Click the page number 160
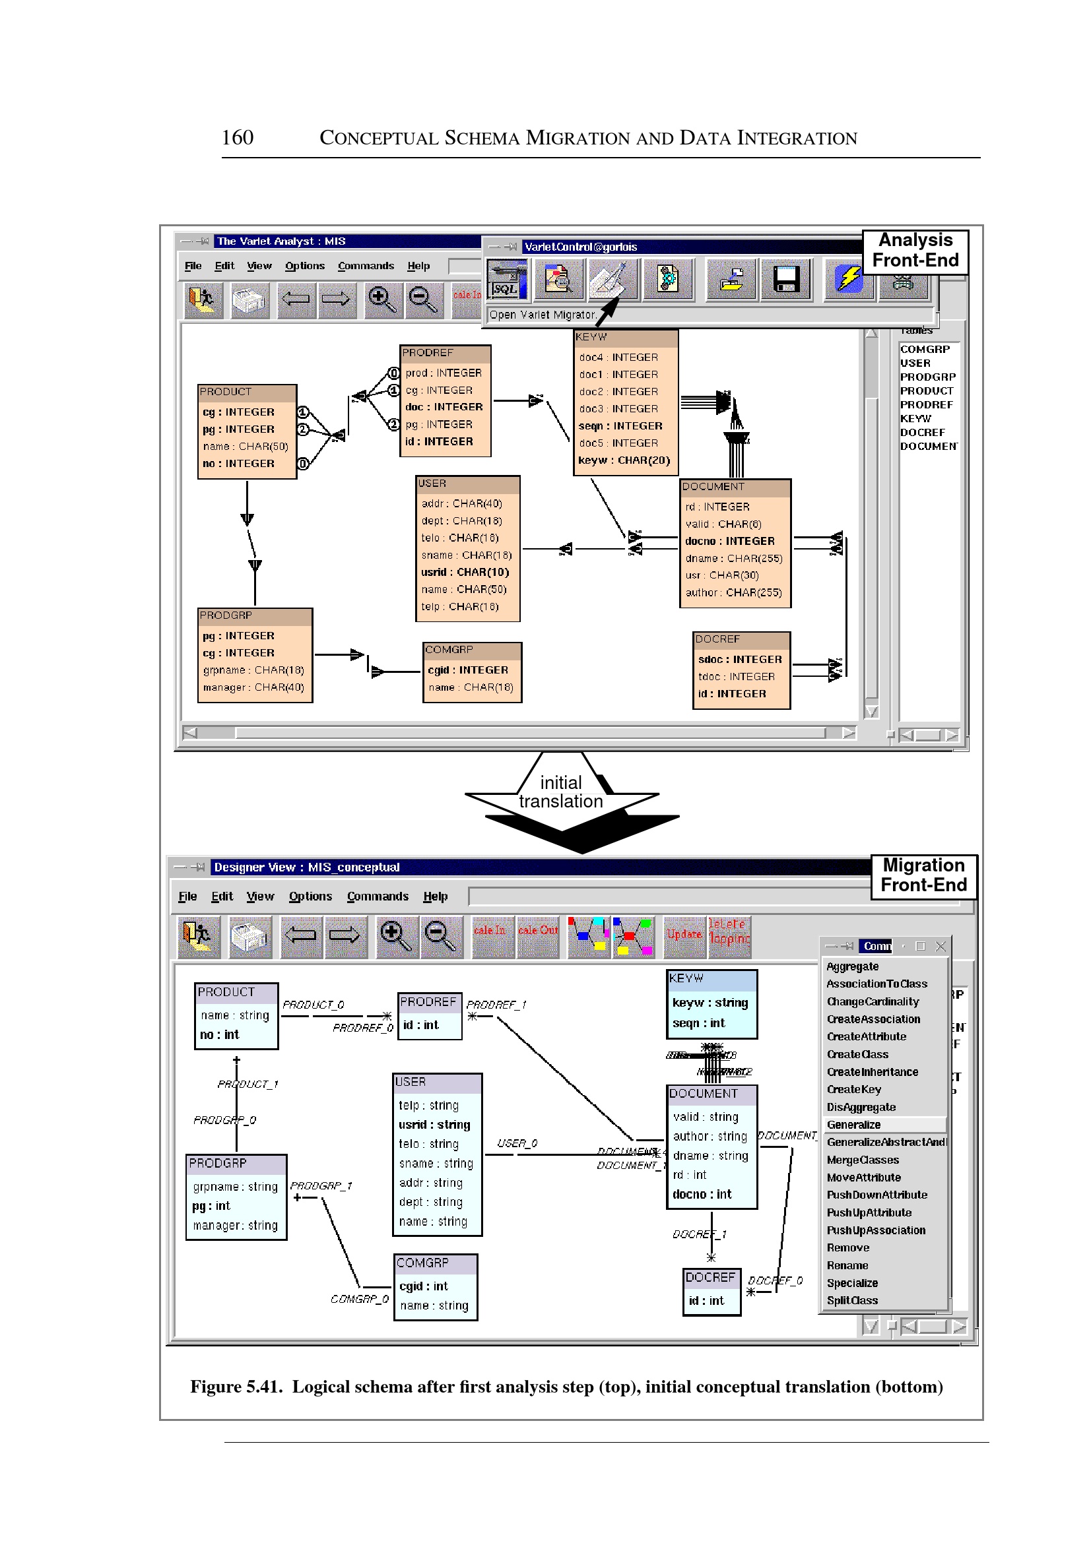pos(237,138)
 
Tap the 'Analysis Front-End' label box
pos(915,251)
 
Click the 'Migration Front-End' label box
pos(923,875)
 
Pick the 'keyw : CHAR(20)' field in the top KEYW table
pos(624,460)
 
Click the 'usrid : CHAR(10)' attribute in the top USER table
pos(465,572)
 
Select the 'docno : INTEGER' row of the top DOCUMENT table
pos(729,541)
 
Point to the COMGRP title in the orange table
pos(449,650)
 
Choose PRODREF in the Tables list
pos(927,405)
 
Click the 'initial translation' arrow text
pos(561,792)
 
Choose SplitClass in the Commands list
pos(852,1301)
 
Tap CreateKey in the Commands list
pos(854,1089)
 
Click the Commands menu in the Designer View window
pos(378,896)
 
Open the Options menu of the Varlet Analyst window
pos(304,266)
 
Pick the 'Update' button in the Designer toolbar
pos(684,934)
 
